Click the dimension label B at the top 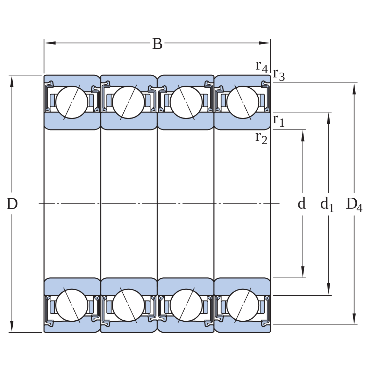click(x=157, y=44)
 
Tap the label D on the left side click(x=12, y=203)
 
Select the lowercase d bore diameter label click(x=301, y=203)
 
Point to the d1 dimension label click(x=327, y=204)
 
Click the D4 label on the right click(x=354, y=204)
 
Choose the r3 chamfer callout click(x=279, y=75)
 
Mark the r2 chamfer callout click(x=261, y=138)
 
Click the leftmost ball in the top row click(x=72, y=102)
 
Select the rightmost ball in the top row click(x=243, y=102)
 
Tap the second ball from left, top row click(x=128, y=102)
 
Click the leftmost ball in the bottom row click(x=72, y=305)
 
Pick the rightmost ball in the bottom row click(x=243, y=305)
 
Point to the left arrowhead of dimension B click(x=50, y=43)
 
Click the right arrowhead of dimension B click(x=264, y=43)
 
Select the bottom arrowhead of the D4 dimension click(x=354, y=319)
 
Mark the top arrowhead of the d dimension click(x=303, y=135)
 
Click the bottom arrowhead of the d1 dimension click(x=328, y=289)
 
